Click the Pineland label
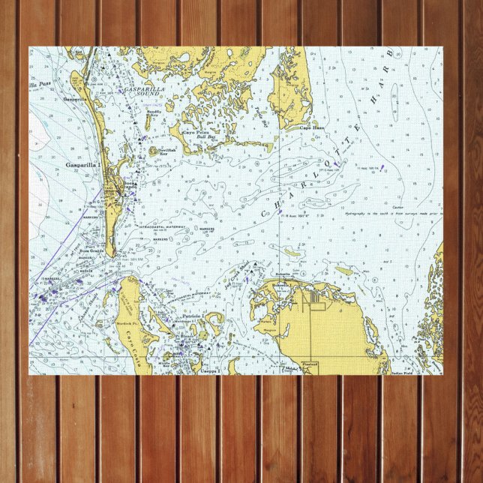[x=310, y=364]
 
